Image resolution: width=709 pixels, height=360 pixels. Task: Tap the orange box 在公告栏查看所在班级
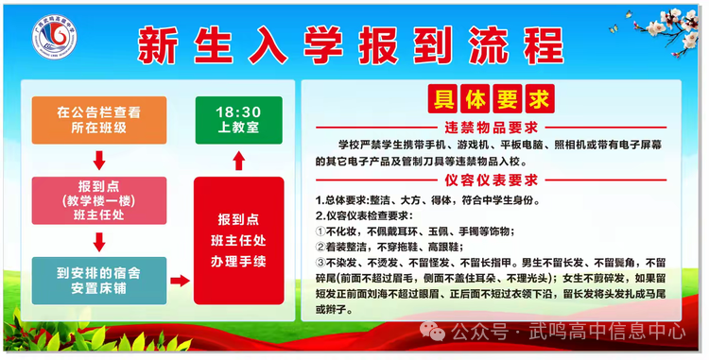coord(98,119)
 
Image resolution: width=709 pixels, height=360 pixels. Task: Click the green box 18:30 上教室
coord(238,118)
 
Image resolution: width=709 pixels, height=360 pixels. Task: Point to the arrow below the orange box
coord(98,158)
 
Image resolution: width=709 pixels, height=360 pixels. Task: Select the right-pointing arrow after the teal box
coord(177,281)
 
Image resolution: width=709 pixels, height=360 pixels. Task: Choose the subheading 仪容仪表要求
coord(491,180)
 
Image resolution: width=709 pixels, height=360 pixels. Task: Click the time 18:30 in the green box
coord(238,110)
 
